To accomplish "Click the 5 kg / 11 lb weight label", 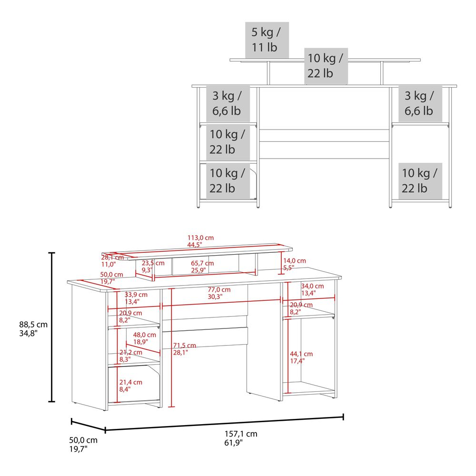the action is pos(267,40).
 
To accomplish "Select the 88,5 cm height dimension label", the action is pos(33,329).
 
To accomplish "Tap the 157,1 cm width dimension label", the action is pos(241,438).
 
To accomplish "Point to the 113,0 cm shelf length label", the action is pos(200,241).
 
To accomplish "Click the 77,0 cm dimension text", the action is pos(219,293).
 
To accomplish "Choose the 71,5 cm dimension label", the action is pos(184,349).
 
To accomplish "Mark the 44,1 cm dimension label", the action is pos(301,357).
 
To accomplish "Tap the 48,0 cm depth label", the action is pos(145,338).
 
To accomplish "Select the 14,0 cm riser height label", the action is pos(295,264).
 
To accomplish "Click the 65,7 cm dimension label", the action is pos(202,267).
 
